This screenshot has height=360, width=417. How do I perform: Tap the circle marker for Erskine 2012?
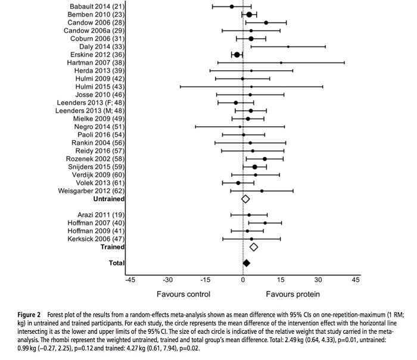(x=237, y=54)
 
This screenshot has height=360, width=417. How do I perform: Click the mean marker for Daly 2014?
(x=288, y=46)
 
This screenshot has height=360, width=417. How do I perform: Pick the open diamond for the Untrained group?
(x=245, y=199)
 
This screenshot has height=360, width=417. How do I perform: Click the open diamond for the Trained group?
(x=254, y=247)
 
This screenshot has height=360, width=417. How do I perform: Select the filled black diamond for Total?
(x=247, y=262)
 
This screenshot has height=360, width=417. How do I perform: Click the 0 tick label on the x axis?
(x=243, y=280)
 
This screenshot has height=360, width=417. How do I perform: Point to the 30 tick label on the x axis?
(x=318, y=280)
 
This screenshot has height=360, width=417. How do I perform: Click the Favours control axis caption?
(x=183, y=294)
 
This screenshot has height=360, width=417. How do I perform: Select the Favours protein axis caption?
(x=293, y=294)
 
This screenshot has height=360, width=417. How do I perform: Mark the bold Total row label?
(x=116, y=262)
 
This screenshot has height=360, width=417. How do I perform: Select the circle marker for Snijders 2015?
(x=255, y=167)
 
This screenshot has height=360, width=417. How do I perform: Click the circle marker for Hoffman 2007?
(x=265, y=223)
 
